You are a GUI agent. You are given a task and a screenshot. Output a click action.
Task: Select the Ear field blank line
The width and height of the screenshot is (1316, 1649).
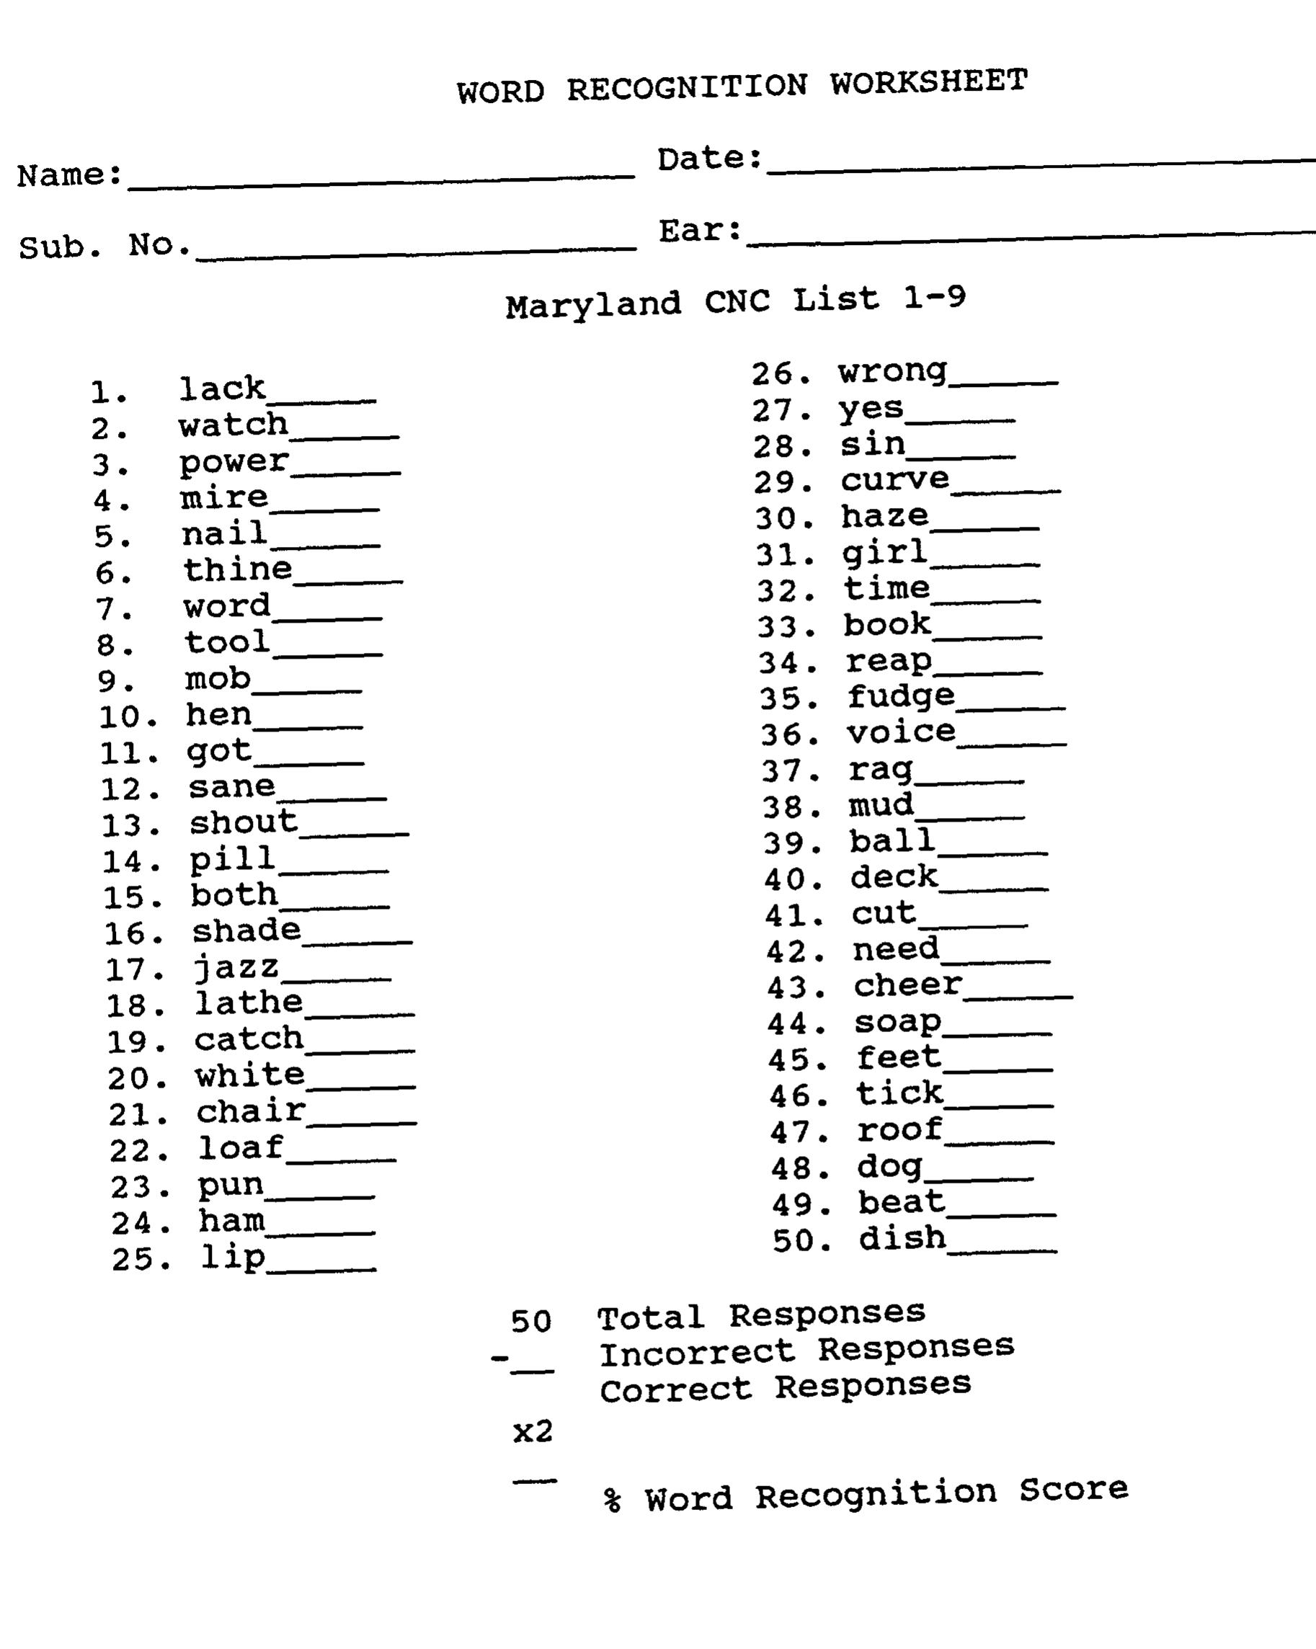pos(1030,236)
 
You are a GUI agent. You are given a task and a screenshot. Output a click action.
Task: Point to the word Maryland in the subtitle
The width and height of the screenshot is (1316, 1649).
pos(592,306)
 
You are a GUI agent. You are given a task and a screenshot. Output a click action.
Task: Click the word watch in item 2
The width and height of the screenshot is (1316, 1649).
pos(234,425)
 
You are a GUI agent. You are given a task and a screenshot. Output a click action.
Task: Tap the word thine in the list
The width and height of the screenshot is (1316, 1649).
pos(238,570)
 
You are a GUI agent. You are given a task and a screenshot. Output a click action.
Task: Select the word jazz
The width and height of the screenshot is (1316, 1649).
pos(236,969)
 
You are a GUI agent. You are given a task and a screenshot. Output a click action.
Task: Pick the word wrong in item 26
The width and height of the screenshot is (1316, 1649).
pos(892,373)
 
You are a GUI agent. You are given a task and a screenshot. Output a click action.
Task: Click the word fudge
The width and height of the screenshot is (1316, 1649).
pos(901,697)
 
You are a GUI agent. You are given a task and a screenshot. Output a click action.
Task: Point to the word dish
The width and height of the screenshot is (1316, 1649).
pos(902,1237)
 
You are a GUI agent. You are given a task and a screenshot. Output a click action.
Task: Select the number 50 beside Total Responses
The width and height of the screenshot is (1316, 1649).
pos(530,1321)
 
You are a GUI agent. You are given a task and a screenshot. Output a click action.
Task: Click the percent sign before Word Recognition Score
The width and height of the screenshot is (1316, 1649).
pos(612,1501)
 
